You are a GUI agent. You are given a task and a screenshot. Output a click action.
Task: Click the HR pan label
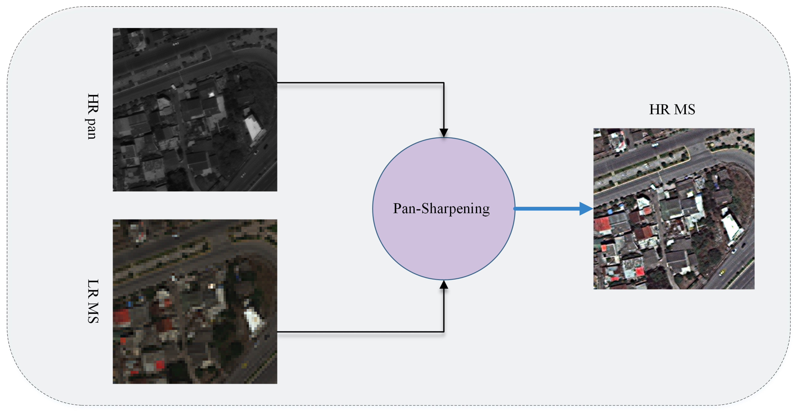(x=92, y=116)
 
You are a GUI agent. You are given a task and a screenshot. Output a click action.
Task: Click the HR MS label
(x=672, y=109)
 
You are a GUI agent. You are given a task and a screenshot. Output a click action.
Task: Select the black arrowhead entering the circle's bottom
(x=444, y=285)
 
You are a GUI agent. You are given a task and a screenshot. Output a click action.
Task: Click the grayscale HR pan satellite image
(x=195, y=109)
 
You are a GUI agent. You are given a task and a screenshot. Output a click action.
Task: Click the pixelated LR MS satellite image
(x=195, y=302)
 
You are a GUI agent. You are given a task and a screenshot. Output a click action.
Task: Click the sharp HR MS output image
(x=674, y=209)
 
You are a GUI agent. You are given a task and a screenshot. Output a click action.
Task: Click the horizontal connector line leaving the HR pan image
(x=359, y=83)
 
